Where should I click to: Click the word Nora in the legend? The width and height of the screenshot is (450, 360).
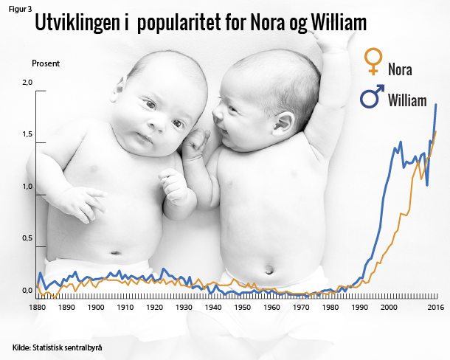coord(400,70)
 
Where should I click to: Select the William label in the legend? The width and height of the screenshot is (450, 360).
coord(407,100)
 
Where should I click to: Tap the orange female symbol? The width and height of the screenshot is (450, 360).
coord(375,63)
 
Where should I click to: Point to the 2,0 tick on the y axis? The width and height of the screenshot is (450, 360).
coord(28,82)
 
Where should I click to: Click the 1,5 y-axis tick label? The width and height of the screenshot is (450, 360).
coord(28,134)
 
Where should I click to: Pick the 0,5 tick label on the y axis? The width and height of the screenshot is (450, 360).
coord(28,238)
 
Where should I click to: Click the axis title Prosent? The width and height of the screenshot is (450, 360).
coord(45,63)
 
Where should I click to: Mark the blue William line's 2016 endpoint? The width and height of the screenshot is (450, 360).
coord(436,105)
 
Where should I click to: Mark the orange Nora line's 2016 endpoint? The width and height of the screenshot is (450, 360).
coord(436,132)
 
